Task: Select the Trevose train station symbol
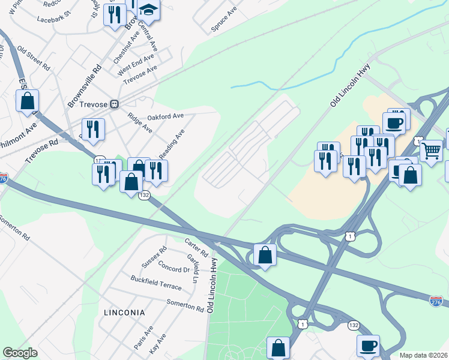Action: click(114, 104)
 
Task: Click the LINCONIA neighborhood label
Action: click(124, 313)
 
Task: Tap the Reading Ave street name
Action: click(172, 143)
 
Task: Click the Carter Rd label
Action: click(196, 245)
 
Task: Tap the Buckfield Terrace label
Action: click(156, 283)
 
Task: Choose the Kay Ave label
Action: click(157, 348)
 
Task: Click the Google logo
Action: click(20, 353)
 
